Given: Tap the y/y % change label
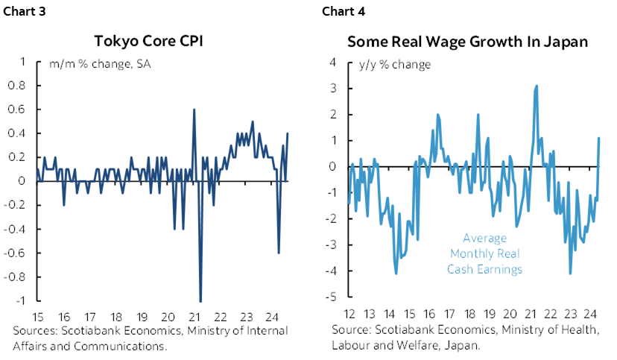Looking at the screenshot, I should click(x=394, y=65).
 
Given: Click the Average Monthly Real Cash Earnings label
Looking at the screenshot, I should click(x=484, y=253).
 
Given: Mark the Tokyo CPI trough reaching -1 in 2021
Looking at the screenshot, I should click(x=200, y=300).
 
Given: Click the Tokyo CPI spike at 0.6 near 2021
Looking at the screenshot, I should click(x=194, y=110).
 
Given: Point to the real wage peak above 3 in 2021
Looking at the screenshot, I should click(x=537, y=86).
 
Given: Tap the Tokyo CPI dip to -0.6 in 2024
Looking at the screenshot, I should click(x=279, y=253).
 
